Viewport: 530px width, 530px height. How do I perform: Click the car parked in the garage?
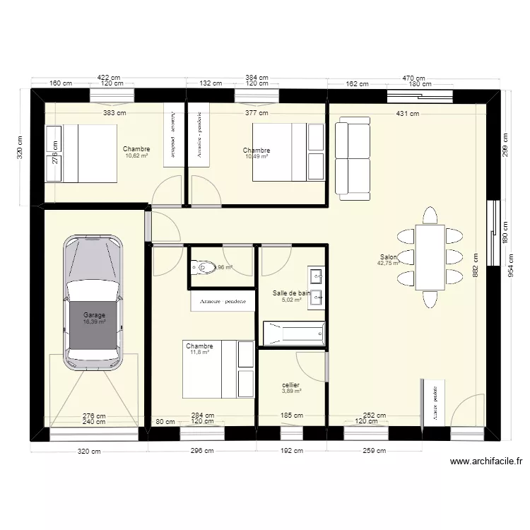point(93,302)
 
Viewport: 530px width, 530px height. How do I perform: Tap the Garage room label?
point(94,314)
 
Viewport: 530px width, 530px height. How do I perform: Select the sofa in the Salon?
point(352,159)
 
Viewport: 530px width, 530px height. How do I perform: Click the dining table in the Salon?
point(430,257)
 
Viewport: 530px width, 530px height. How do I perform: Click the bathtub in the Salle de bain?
point(293,332)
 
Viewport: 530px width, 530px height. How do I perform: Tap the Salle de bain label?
point(291,293)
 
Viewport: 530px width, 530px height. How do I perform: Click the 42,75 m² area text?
point(389,264)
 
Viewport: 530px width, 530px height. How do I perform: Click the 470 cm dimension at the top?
point(414,78)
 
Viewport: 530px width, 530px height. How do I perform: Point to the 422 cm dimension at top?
point(108,78)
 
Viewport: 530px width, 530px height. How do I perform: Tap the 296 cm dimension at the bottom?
point(201,451)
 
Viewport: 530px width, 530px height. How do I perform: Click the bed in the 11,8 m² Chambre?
point(218,368)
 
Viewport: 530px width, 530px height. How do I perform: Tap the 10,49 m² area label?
point(256,157)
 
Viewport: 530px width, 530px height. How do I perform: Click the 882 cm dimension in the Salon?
point(475,266)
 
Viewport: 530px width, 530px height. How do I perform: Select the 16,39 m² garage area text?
point(94,322)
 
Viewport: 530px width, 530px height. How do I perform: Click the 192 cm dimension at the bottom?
point(291,451)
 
